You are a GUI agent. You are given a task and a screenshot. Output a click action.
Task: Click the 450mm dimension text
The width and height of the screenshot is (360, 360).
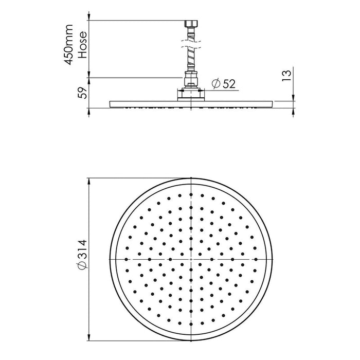pos(68,45)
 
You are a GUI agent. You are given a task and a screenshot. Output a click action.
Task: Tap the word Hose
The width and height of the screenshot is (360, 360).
pos(83,45)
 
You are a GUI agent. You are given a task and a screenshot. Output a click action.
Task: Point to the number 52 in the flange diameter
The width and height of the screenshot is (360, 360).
pos(229,83)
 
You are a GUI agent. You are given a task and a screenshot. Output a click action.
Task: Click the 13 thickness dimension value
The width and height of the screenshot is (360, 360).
pos(286,76)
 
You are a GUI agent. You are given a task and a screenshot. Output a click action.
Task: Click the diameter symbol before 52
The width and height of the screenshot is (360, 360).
pos(217,83)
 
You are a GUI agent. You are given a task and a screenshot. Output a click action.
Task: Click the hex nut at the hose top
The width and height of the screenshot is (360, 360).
pos(191,24)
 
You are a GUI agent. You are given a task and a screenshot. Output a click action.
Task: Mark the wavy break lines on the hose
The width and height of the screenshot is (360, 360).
pos(191,45)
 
